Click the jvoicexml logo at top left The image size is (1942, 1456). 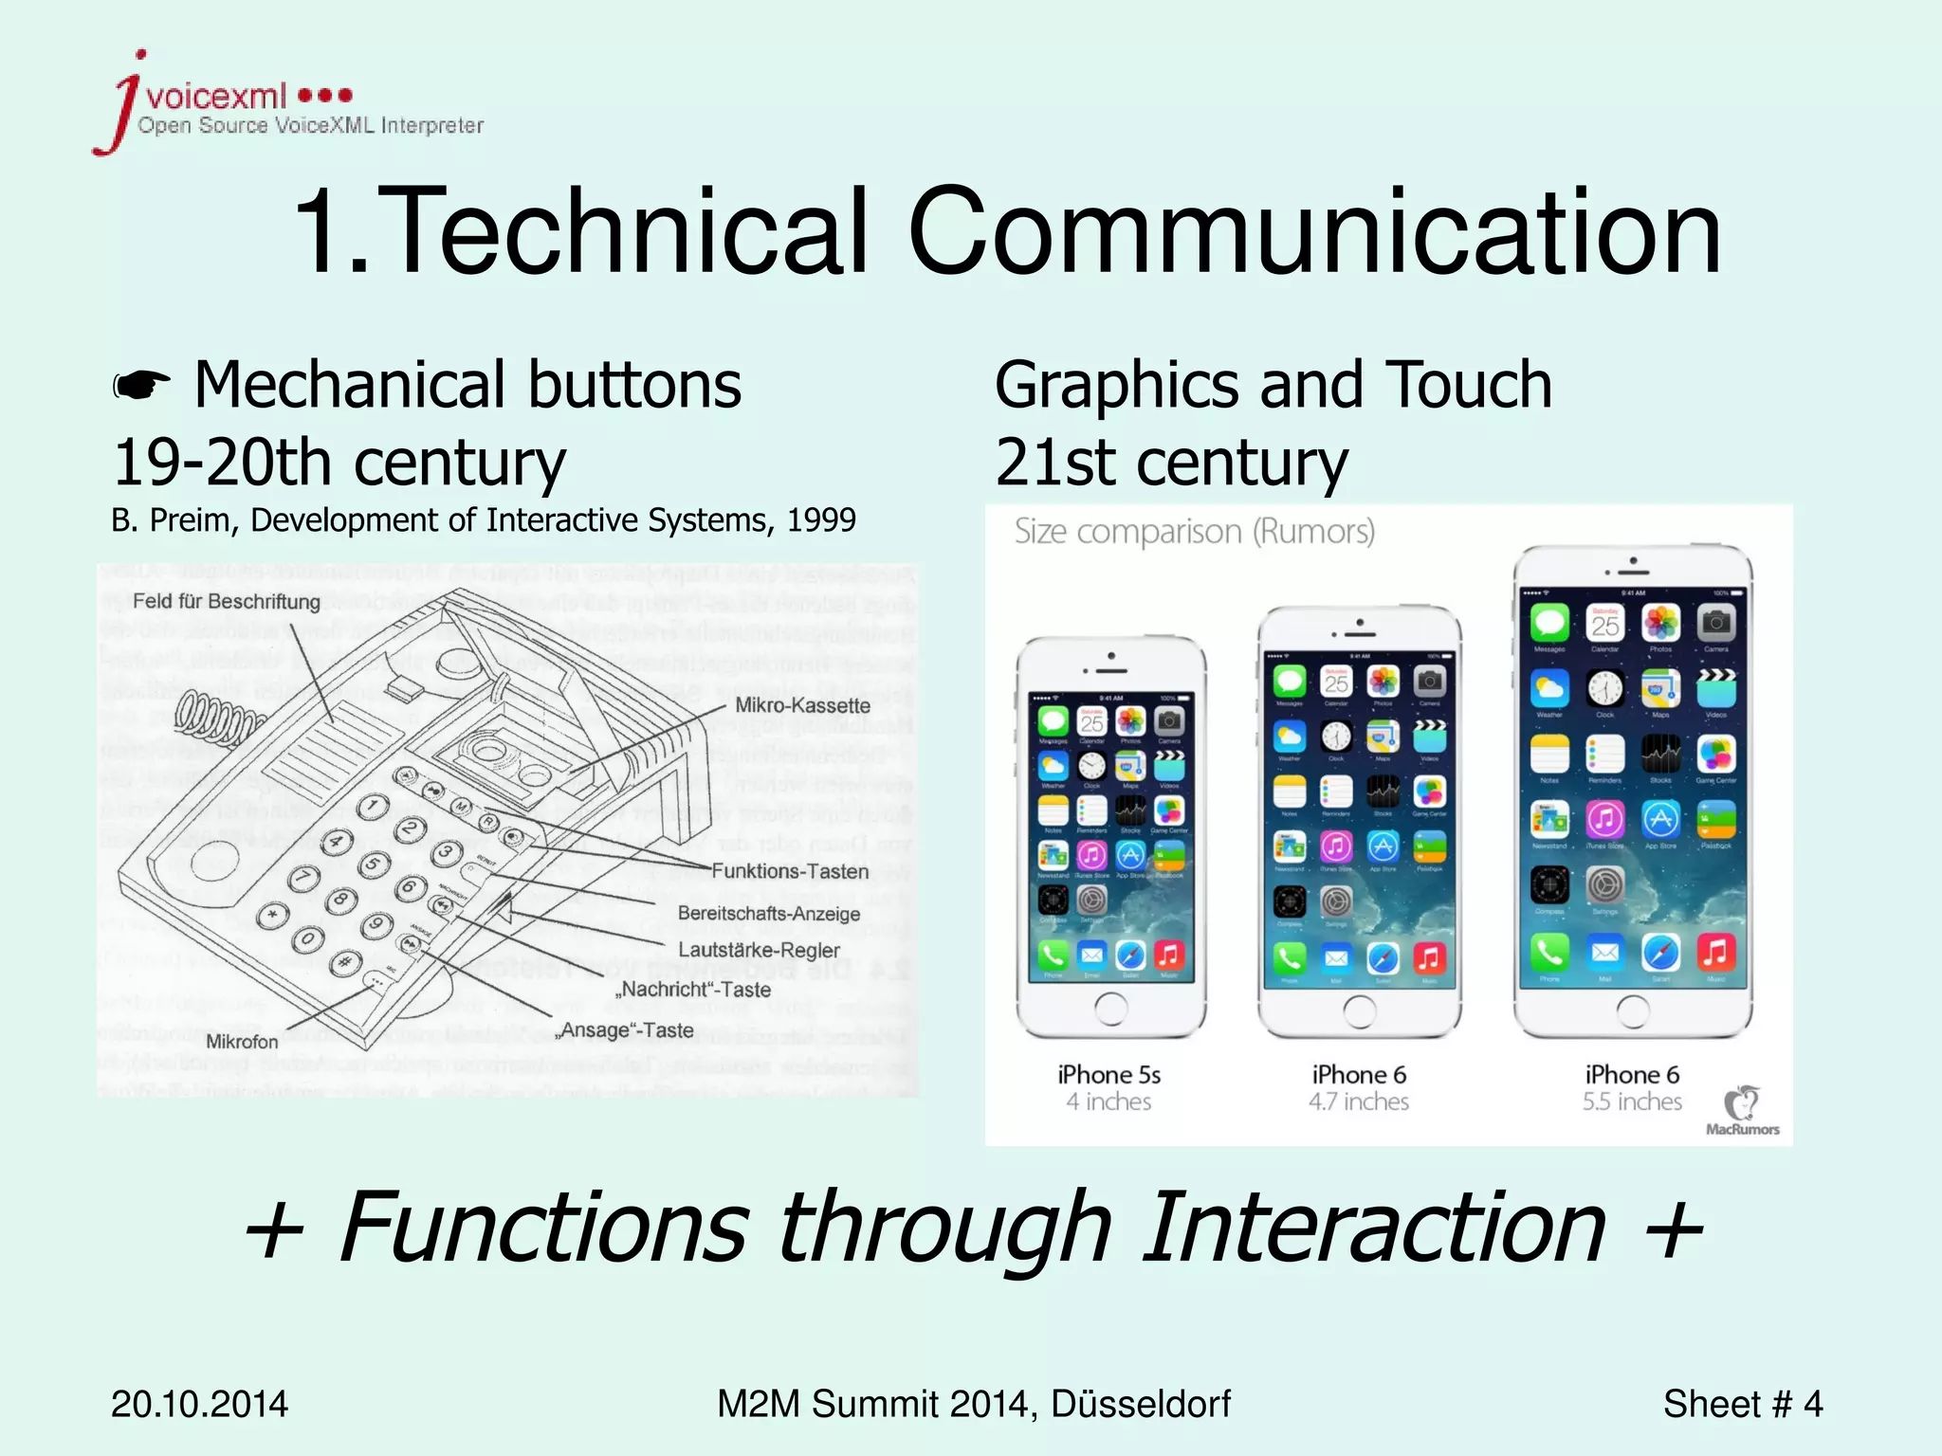click(x=284, y=104)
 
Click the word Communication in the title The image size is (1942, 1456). click(x=1313, y=232)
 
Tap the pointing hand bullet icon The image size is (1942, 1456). click(x=141, y=386)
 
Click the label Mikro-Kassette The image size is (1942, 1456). click(x=802, y=705)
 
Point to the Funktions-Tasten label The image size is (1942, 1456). click(x=790, y=871)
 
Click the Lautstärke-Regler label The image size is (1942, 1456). click(x=759, y=950)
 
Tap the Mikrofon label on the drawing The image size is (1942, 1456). click(x=242, y=1042)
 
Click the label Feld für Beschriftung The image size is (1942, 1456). click(x=226, y=602)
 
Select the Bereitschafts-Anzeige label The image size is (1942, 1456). click(x=769, y=914)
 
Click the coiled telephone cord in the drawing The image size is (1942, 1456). click(x=218, y=717)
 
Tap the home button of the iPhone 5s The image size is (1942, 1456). click(x=1110, y=1009)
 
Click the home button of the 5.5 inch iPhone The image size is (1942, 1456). click(x=1632, y=1010)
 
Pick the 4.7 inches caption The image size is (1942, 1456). click(x=1359, y=1101)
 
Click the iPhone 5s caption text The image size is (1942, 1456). click(x=1108, y=1075)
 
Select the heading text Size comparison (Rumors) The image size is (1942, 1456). click(x=1194, y=532)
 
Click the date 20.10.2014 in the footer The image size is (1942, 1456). click(x=199, y=1404)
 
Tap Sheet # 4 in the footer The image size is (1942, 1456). click(x=1742, y=1404)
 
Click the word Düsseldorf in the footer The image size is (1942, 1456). click(x=1140, y=1404)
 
